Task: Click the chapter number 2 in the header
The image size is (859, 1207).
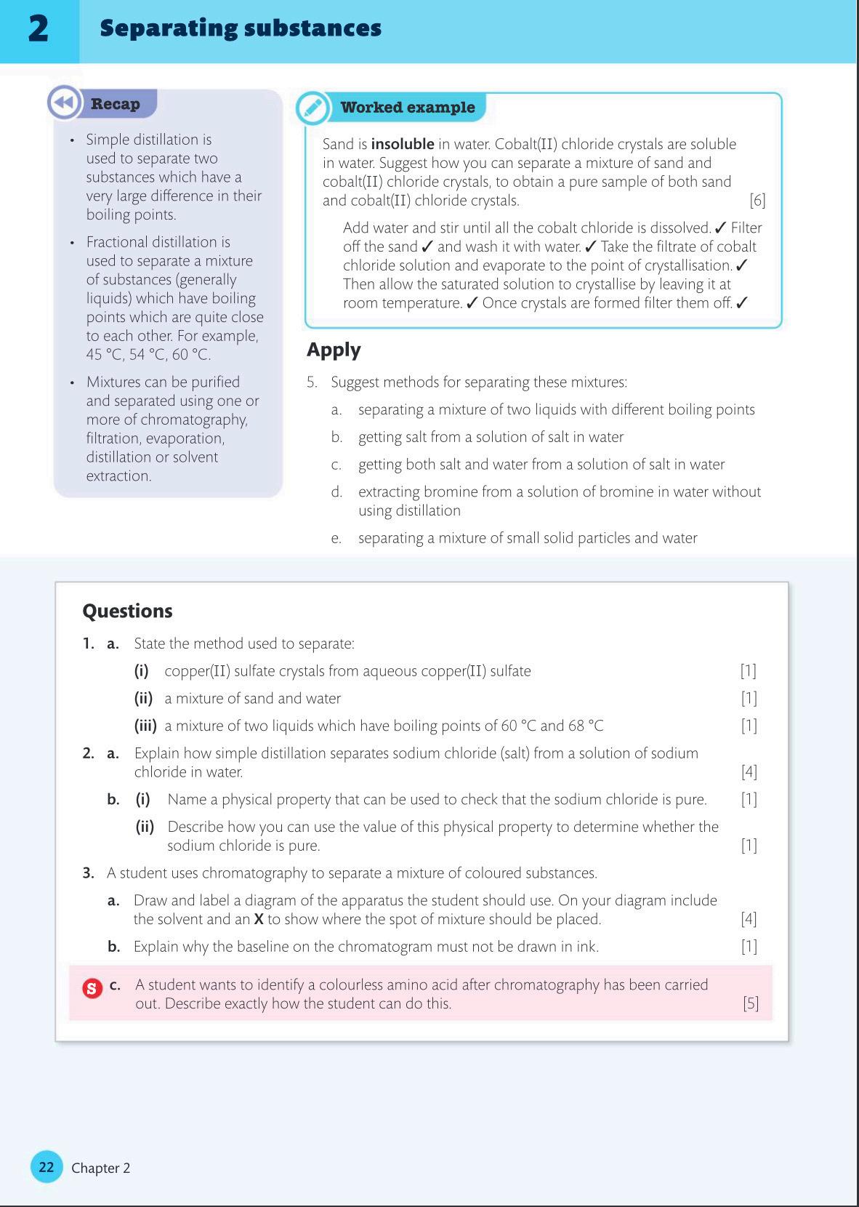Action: click(x=39, y=29)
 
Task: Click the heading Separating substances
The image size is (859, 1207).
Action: click(x=241, y=28)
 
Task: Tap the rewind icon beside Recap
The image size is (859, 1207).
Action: click(x=64, y=103)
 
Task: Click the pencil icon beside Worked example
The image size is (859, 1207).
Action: click(x=312, y=108)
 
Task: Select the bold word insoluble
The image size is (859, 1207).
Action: click(x=402, y=144)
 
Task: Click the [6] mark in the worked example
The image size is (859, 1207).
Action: click(x=757, y=201)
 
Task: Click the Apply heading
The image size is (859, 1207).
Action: click(x=334, y=350)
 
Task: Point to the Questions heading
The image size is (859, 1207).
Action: click(x=127, y=611)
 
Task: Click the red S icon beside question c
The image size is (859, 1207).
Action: click(x=92, y=988)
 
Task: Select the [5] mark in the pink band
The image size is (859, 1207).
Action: click(x=750, y=1003)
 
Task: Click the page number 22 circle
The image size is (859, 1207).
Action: click(x=47, y=1167)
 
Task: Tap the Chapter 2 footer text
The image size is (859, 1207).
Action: click(x=100, y=1168)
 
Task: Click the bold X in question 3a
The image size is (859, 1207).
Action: click(x=258, y=919)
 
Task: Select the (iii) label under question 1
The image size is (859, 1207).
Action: click(x=145, y=726)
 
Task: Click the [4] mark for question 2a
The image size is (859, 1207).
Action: click(x=749, y=772)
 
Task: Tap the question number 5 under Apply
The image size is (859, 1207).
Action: click(x=311, y=382)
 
